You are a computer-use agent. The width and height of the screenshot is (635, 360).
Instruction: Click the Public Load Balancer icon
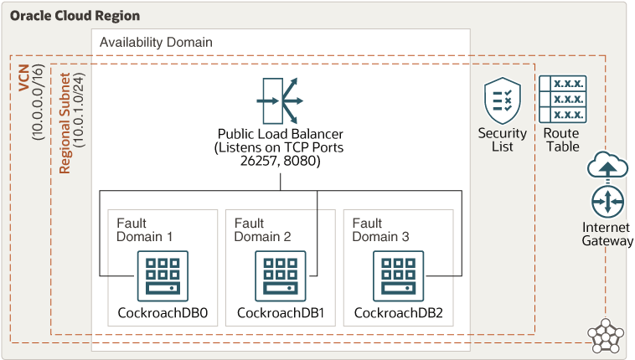coord(280,100)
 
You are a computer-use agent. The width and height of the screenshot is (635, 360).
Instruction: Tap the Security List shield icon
coord(503,100)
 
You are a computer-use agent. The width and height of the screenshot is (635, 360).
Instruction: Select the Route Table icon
coord(561,99)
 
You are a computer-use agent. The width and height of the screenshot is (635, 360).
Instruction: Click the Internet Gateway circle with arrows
coord(608,203)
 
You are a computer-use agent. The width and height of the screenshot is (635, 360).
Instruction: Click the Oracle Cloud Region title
coord(75,16)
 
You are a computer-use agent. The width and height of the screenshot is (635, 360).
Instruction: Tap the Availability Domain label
coord(156,42)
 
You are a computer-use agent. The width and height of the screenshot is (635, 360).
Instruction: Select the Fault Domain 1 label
coord(144,229)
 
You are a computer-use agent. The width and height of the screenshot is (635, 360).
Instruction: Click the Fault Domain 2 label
coord(262,229)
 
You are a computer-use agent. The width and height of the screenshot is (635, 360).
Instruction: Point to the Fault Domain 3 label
coord(380,229)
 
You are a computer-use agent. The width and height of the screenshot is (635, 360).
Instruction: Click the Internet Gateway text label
coord(608,234)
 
